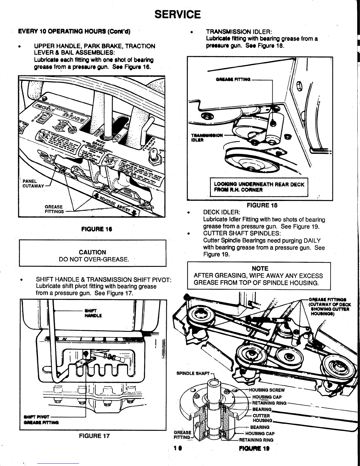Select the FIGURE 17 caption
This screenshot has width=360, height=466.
pos(94,436)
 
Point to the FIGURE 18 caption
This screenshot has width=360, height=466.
pos(262,205)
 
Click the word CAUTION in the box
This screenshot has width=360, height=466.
pos(92,252)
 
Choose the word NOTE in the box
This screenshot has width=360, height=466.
pos(260,268)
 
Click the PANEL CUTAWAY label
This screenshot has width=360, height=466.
pos(33,184)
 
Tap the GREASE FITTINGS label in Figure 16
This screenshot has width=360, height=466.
pos(54,209)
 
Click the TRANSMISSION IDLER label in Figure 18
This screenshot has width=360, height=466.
pos(201,138)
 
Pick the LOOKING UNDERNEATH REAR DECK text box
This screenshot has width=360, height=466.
pos(259,187)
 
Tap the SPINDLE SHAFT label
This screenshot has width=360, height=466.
pos(193,374)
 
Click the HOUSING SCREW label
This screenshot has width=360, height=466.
pos(267,390)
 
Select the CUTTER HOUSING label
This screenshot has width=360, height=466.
pos(262,418)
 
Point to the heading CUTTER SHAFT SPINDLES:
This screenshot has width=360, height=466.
pos(242,233)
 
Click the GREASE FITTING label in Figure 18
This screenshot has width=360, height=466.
pos(233,79)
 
